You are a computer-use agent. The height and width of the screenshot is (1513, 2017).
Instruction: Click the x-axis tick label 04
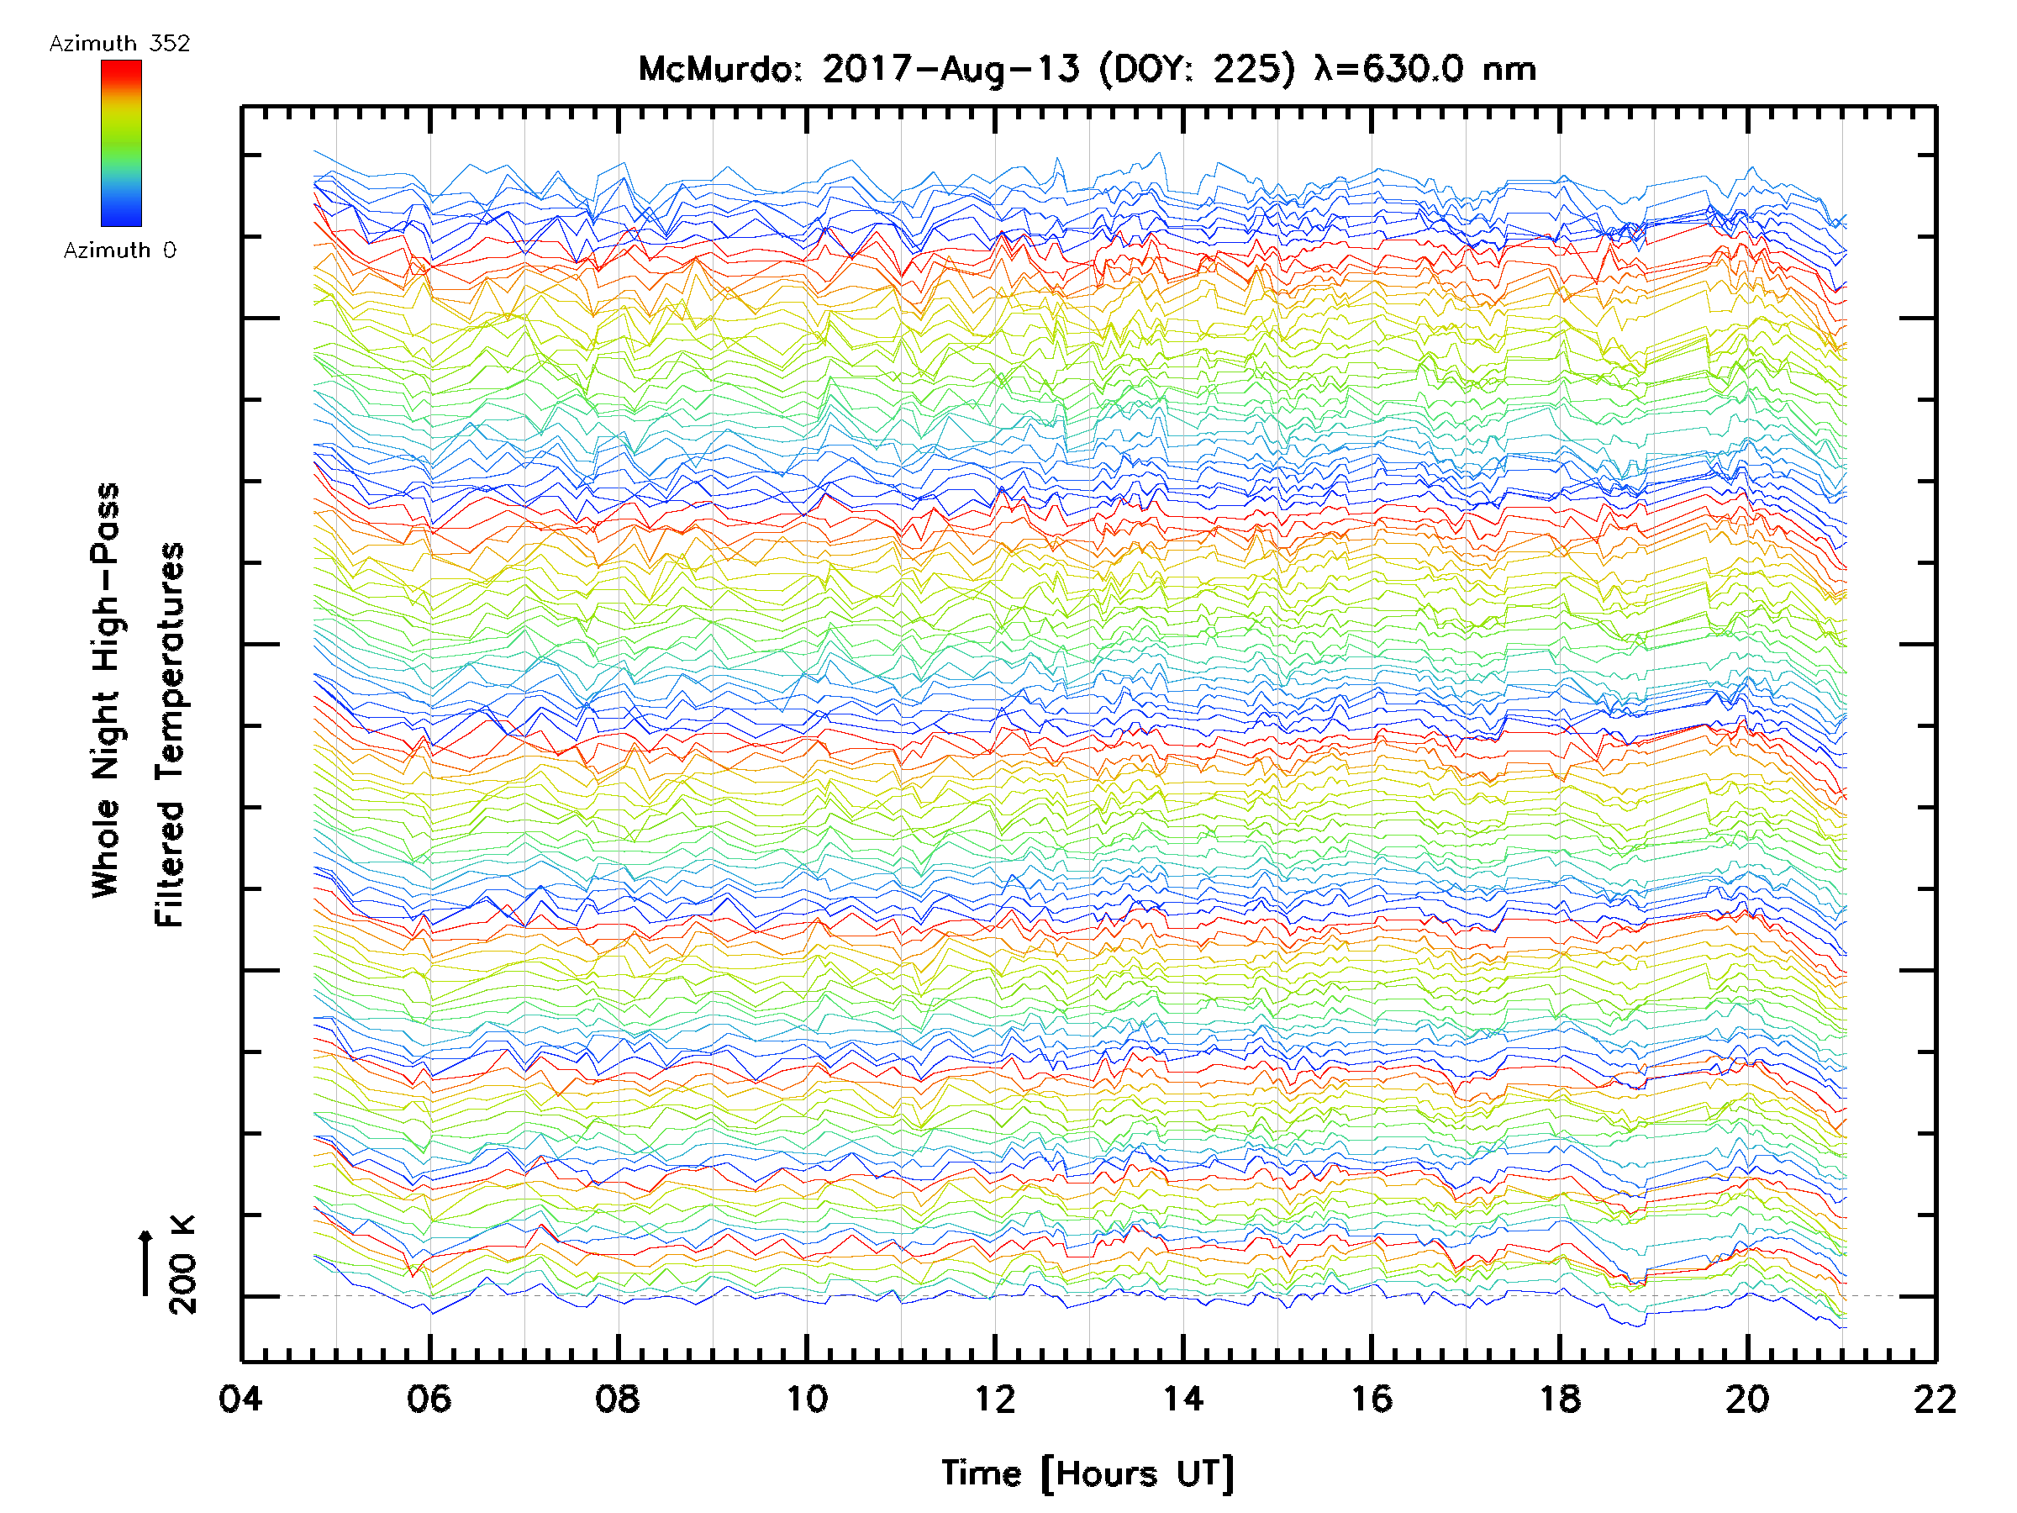(x=240, y=1399)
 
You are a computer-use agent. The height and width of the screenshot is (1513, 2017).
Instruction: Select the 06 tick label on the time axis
(x=429, y=1399)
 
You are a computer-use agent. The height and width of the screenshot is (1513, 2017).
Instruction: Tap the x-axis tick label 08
(x=618, y=1399)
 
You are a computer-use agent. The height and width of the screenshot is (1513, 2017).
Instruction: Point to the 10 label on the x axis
(x=806, y=1399)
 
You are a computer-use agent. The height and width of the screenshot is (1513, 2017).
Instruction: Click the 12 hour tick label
(x=995, y=1399)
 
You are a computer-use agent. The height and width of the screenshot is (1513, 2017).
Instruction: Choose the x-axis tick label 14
(x=1182, y=1399)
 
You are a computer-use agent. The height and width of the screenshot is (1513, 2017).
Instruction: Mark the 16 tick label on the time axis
(x=1372, y=1399)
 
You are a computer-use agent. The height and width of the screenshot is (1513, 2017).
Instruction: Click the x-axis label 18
(x=1560, y=1399)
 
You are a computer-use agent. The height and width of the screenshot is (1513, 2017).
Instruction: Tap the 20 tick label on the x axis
(x=1748, y=1399)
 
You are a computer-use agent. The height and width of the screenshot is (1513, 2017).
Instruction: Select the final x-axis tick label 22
(x=1935, y=1399)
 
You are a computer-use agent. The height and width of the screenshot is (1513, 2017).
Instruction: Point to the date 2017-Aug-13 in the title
(x=951, y=69)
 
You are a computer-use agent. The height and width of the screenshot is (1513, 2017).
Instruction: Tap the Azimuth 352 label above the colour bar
(x=119, y=44)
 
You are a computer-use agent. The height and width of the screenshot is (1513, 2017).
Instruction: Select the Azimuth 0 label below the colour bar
(x=119, y=250)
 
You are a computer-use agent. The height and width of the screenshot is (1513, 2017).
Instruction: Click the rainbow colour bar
(x=121, y=143)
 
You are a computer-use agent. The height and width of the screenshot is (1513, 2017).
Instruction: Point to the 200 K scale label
(x=182, y=1265)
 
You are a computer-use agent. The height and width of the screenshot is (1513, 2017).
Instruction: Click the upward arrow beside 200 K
(x=146, y=1263)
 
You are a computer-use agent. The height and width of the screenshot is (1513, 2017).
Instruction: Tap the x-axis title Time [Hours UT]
(x=1087, y=1473)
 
